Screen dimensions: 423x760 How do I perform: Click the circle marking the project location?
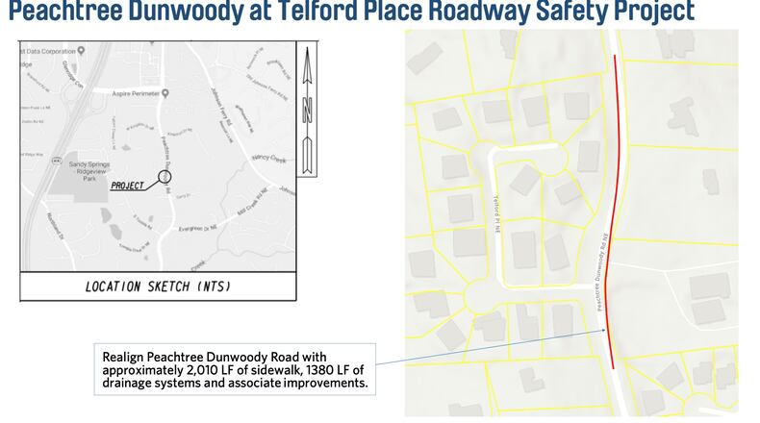point(165,179)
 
